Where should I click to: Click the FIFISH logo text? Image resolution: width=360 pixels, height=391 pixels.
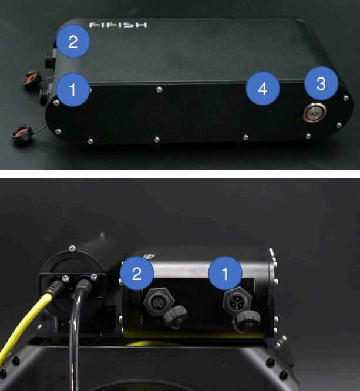(x=118, y=25)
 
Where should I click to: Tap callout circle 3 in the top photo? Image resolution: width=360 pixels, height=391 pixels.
(x=321, y=83)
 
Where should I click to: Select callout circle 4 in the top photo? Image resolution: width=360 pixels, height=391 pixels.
(x=263, y=89)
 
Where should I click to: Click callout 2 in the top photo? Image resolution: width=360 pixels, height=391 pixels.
(x=73, y=42)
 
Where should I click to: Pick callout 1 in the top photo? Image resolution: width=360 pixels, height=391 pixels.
(x=73, y=90)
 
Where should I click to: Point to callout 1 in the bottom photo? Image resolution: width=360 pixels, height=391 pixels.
(x=225, y=274)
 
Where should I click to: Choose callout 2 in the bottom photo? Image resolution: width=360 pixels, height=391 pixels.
(x=137, y=274)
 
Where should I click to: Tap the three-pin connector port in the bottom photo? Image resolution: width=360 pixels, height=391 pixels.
(x=237, y=301)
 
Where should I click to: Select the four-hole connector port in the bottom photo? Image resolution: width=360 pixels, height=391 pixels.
(x=159, y=302)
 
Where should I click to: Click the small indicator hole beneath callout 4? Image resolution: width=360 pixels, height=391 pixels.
(x=270, y=113)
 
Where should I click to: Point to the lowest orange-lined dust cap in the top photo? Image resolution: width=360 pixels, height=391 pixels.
(x=22, y=134)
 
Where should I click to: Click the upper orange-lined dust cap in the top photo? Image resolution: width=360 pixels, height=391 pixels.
(x=32, y=79)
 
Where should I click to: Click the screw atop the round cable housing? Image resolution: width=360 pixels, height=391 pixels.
(x=72, y=248)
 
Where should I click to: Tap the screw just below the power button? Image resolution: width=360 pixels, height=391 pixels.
(x=308, y=136)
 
